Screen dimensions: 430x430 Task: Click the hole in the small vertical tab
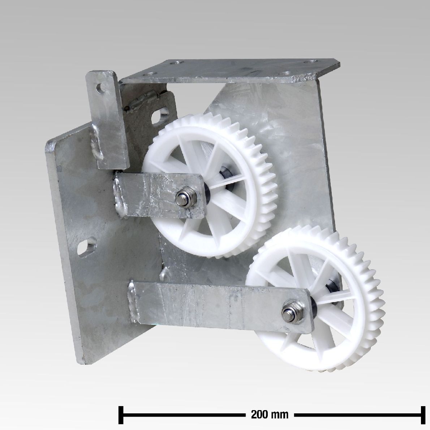coord(102,88)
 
